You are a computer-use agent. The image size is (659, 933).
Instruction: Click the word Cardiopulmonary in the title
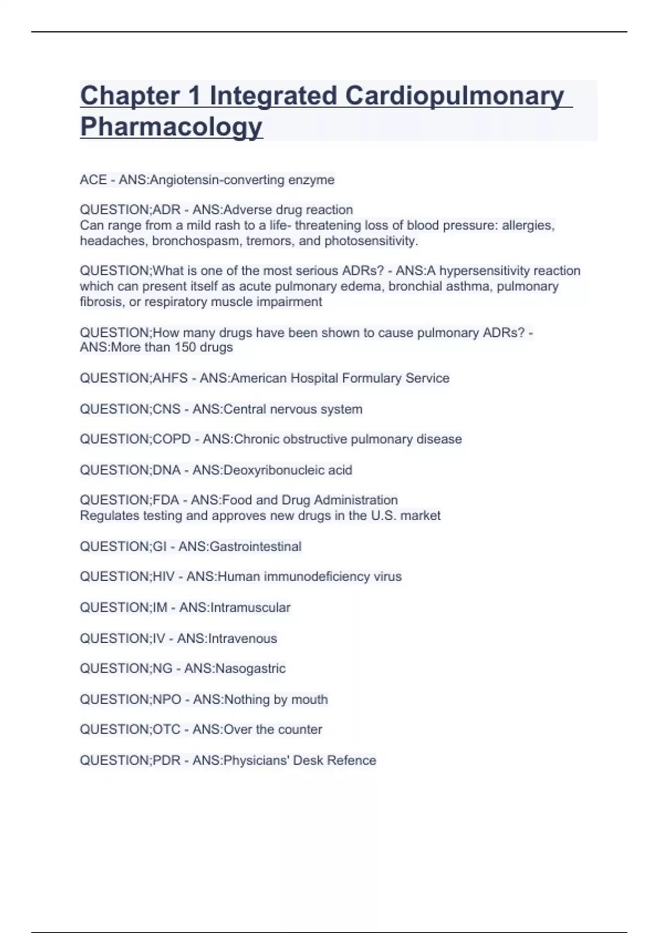point(455,96)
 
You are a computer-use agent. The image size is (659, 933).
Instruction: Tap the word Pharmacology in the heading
point(171,127)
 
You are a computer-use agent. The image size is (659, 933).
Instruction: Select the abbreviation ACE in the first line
point(93,180)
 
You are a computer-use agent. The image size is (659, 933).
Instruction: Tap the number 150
point(184,347)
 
